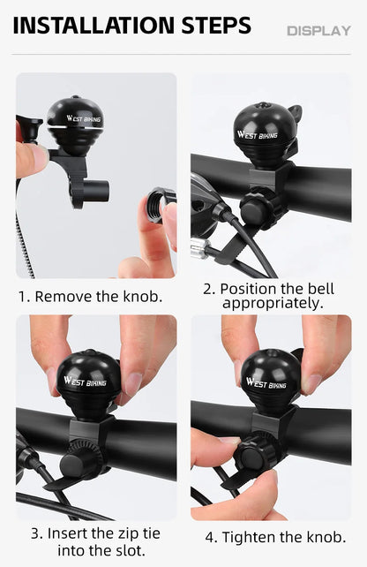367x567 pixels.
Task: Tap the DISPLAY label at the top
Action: tap(318, 31)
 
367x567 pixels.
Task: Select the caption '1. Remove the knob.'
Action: tap(91, 296)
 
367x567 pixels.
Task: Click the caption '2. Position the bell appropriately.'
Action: tap(272, 296)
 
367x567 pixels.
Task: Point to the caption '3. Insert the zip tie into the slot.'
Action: tap(97, 541)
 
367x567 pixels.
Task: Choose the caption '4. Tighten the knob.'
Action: tap(275, 536)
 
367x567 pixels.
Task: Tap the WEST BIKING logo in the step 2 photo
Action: tap(257, 135)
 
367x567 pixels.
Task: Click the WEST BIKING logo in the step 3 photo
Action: tap(85, 382)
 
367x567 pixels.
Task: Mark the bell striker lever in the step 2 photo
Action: tap(295, 113)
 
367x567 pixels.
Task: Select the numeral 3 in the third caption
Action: tap(35, 533)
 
